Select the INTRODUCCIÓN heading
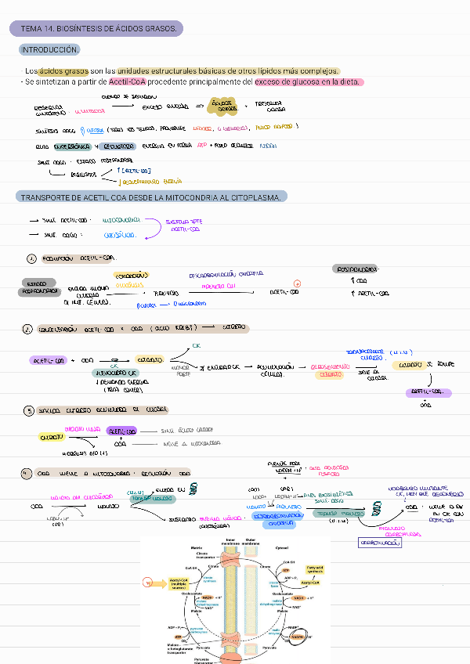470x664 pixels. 50,50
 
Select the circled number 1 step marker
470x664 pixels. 31,259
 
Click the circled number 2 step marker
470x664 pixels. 28,330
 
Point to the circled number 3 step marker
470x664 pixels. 28,410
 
